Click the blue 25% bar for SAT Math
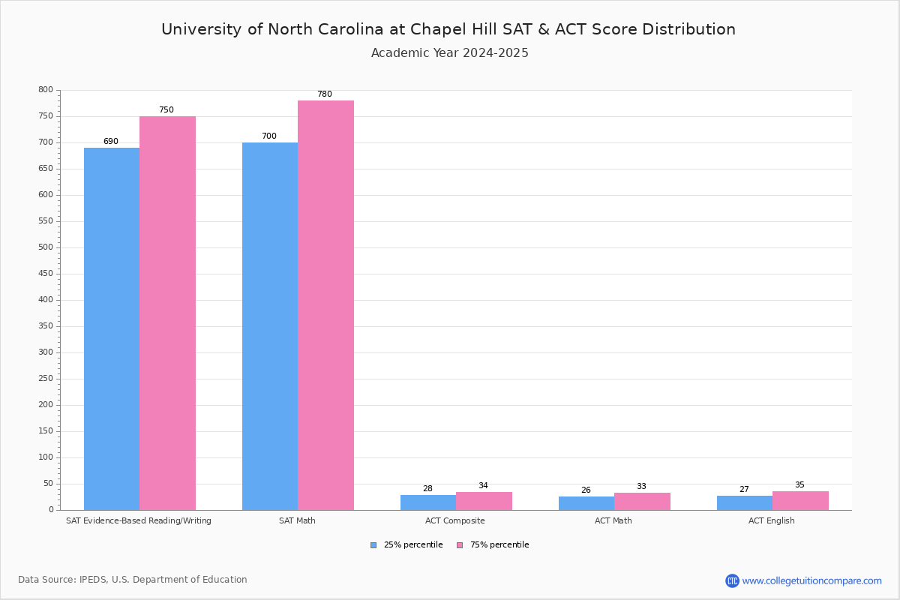pos(270,326)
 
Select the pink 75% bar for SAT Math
pos(325,305)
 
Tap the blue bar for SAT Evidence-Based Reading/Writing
pos(112,328)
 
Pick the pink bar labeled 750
pos(167,313)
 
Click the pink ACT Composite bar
pos(484,501)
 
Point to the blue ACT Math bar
pos(586,503)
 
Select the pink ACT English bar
pos(800,501)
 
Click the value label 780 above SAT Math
pos(325,94)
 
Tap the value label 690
pos(111,142)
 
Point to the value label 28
pos(427,489)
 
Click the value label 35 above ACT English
pos(799,485)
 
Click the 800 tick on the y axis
pos(46,90)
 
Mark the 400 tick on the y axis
pos(46,300)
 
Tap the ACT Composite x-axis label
pos(455,520)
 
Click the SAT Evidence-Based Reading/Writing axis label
pos(139,520)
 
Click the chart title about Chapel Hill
pos(448,30)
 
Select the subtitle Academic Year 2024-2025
pos(450,53)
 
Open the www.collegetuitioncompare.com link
pos(811,580)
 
